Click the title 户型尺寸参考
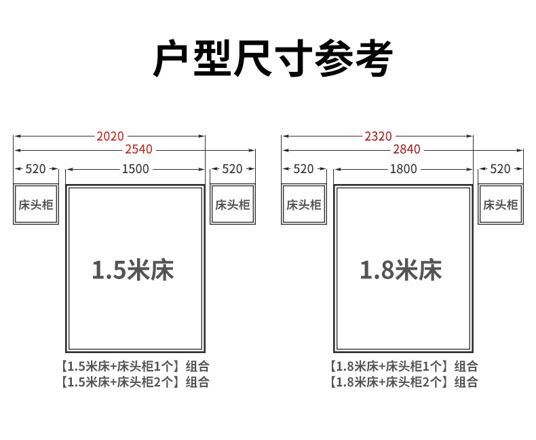pyautogui.click(x=273, y=58)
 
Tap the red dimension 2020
pyautogui.click(x=110, y=136)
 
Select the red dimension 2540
pyautogui.click(x=138, y=149)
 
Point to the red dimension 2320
pyautogui.click(x=378, y=136)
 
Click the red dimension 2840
pyautogui.click(x=406, y=149)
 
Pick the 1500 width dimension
pyautogui.click(x=136, y=169)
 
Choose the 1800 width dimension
pyautogui.click(x=404, y=169)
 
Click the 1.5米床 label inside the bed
pyautogui.click(x=133, y=270)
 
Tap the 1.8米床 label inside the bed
pyautogui.click(x=401, y=270)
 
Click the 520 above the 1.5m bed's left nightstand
pyautogui.click(x=35, y=169)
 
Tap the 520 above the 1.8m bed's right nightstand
pyautogui.click(x=500, y=169)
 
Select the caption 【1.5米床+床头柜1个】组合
pyautogui.click(x=135, y=367)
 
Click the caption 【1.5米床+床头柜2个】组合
pyautogui.click(x=135, y=382)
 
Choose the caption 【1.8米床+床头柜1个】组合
pyautogui.click(x=404, y=367)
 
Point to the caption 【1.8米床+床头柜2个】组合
pyautogui.click(x=404, y=382)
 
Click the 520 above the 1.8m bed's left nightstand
pyautogui.click(x=303, y=169)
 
